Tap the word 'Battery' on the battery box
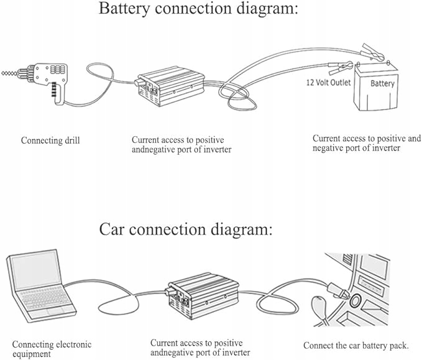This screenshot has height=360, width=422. tap(382, 83)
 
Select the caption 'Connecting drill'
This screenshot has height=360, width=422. tap(50, 141)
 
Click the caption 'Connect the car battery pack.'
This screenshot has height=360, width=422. tap(355, 345)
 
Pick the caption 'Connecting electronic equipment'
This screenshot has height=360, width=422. tap(52, 349)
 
